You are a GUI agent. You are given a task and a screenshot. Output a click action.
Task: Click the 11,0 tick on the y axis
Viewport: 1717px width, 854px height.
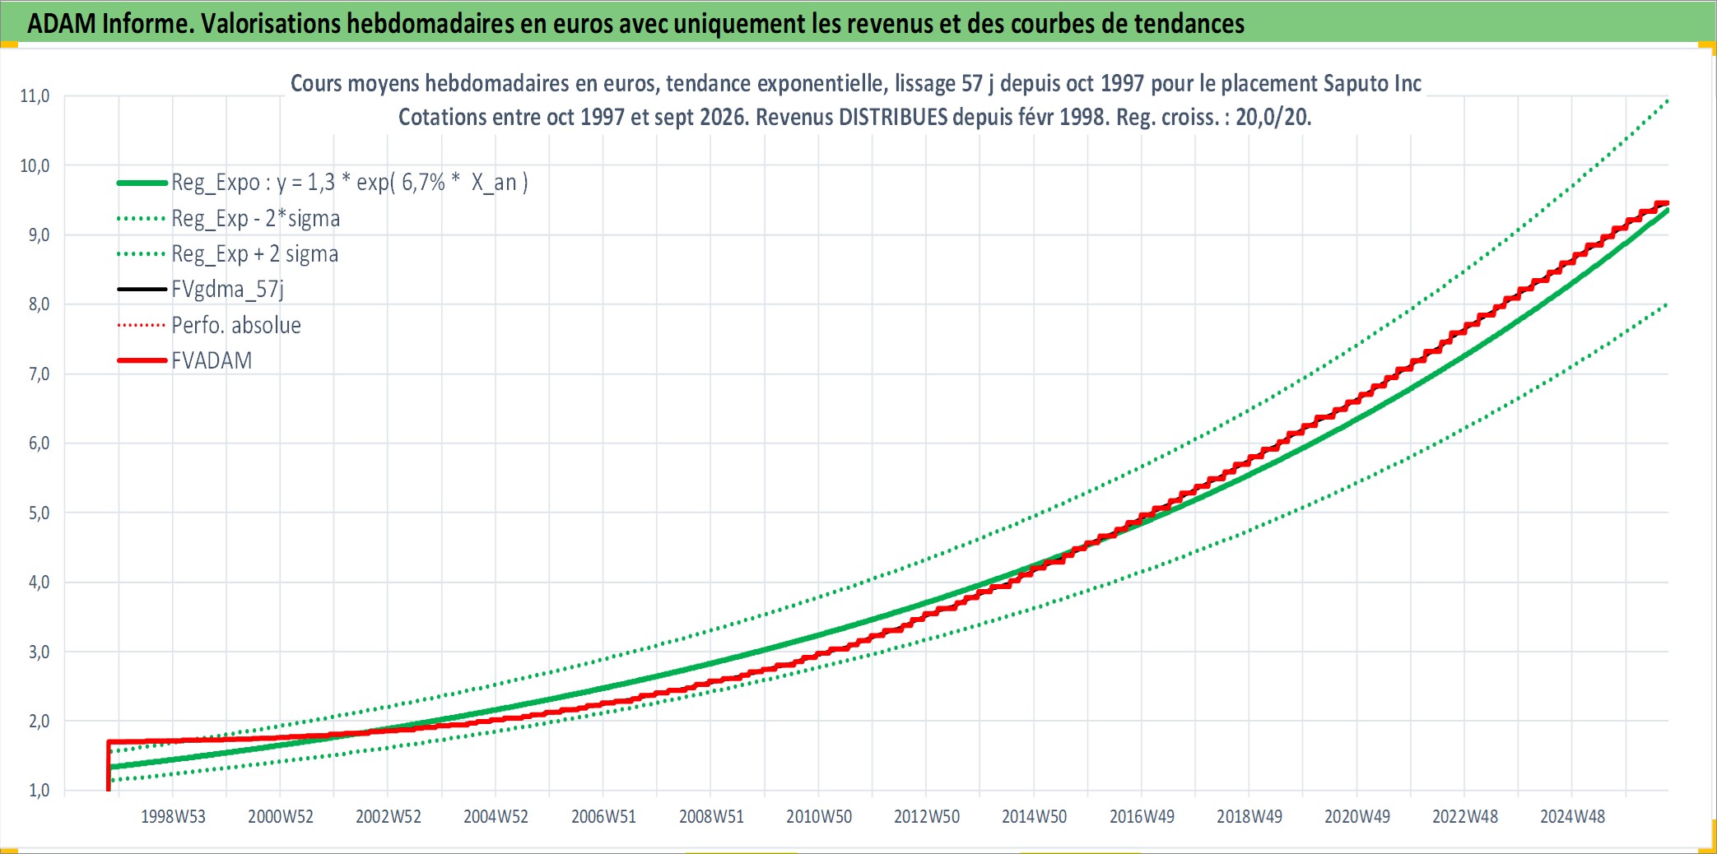(x=35, y=96)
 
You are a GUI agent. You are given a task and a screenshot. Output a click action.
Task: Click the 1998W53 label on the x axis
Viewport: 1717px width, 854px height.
(x=173, y=817)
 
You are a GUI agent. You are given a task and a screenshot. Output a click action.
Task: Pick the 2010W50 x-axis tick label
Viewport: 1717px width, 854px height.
(x=819, y=817)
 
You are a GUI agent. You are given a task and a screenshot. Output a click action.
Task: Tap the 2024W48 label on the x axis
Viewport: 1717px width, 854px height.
(x=1572, y=817)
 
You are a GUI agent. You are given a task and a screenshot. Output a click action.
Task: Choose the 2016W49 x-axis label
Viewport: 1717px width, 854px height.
(x=1142, y=817)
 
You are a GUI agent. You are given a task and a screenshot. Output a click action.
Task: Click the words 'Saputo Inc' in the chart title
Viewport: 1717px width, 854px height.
(x=1372, y=83)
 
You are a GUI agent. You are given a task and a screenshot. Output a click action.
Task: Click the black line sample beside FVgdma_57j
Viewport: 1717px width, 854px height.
(x=142, y=290)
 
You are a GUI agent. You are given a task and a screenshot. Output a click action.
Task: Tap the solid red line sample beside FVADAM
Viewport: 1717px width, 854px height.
(x=142, y=360)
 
